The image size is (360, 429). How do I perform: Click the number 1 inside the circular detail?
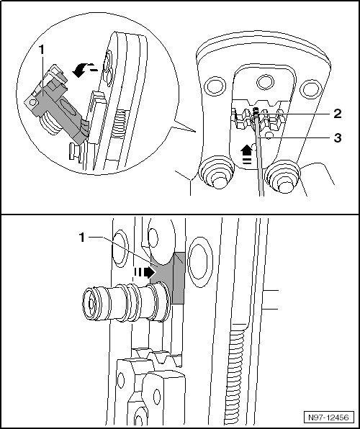41,50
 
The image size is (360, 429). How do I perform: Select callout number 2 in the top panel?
338,113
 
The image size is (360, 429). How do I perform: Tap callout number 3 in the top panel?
338,138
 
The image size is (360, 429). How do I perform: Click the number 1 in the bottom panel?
82,238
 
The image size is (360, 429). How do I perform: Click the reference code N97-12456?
328,417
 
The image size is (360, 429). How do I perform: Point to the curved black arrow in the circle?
81,71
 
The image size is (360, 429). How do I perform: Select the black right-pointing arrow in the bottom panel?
145,273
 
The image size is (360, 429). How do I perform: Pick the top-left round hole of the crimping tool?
216,86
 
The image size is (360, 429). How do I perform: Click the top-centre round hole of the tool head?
265,82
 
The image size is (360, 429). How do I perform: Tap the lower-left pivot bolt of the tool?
216,173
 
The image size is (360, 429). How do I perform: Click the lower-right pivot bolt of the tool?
283,176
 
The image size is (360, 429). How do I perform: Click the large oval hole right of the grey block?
201,263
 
